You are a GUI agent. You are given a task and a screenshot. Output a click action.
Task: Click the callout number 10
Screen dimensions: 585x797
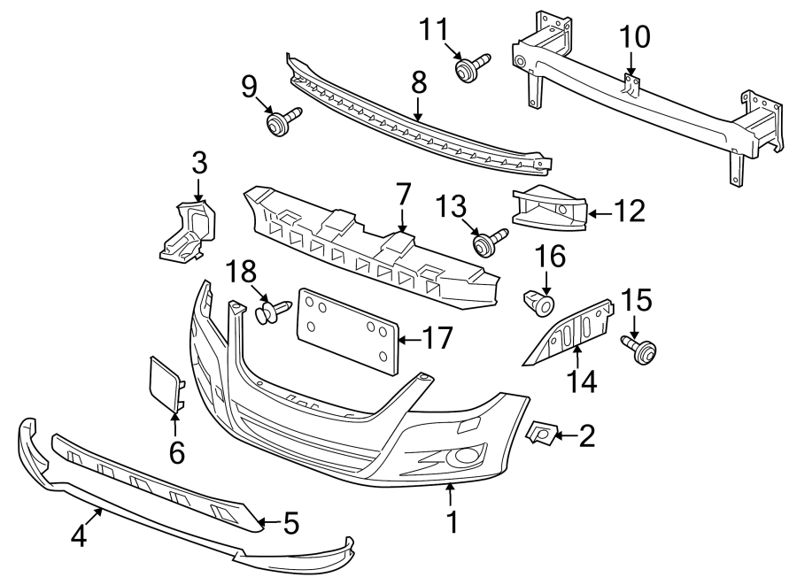coord(634,37)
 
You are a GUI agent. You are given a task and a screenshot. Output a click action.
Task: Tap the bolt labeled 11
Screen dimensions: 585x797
coord(467,68)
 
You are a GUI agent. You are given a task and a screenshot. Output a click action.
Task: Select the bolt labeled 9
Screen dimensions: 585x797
coord(279,122)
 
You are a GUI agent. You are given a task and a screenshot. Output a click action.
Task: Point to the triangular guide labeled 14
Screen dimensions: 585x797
coord(572,333)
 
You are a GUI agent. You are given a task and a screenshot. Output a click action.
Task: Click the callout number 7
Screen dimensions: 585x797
coord(403,194)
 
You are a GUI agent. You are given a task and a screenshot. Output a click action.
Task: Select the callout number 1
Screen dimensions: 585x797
coord(453,521)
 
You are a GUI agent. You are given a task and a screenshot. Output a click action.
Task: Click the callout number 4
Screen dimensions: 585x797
coord(78,536)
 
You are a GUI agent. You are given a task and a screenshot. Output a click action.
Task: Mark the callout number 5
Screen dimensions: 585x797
coord(292,524)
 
